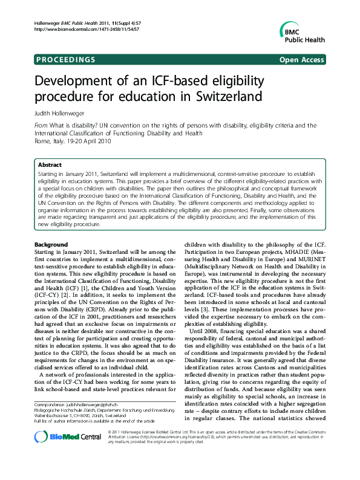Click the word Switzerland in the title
223,96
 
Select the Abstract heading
50,164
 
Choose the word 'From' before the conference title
42,126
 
